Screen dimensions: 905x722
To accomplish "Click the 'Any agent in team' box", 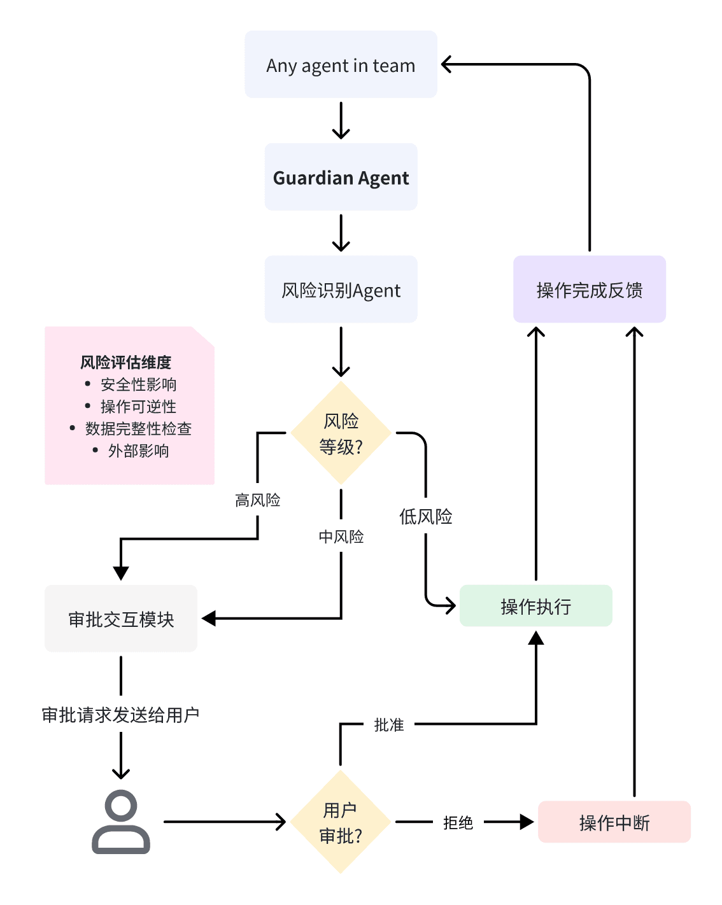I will point(341,64).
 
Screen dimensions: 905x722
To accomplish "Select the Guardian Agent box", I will point(341,177).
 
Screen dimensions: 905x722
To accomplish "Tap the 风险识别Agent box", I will point(341,290).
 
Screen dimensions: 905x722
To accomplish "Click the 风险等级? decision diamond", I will point(341,433).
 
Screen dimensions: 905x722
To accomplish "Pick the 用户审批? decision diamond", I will point(341,822).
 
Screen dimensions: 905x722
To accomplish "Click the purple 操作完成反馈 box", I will point(590,290).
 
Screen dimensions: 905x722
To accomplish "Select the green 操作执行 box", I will point(535,606).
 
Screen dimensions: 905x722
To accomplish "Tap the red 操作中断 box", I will point(614,822).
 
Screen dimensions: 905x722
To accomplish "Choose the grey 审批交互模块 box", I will point(121,619).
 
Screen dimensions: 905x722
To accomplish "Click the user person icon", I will point(121,822).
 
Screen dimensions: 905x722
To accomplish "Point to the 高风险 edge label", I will point(258,500).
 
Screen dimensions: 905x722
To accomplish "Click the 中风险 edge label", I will point(341,537).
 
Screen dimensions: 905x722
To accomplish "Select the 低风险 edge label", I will point(426,516).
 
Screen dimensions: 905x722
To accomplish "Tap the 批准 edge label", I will point(389,725).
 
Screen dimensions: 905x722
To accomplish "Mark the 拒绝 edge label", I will point(458,822).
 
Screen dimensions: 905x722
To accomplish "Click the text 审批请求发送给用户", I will point(121,715).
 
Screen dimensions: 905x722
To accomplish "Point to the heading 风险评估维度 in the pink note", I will point(126,362).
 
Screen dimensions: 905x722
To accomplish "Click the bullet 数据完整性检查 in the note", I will point(138,428).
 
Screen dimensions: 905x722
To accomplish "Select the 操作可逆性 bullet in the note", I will point(138,406).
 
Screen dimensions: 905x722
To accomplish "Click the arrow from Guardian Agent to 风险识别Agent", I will point(341,233).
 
